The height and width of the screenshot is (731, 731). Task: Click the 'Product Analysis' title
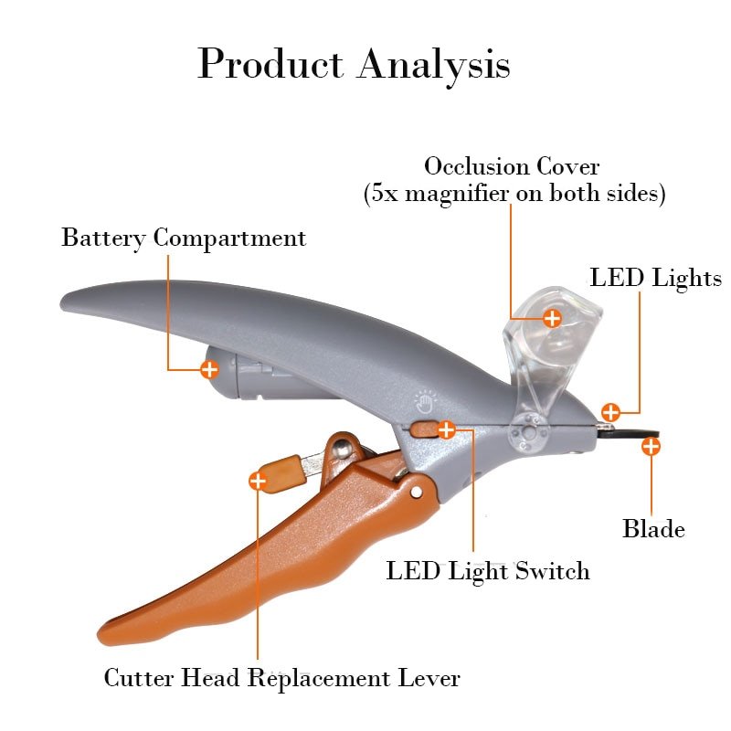[x=354, y=65]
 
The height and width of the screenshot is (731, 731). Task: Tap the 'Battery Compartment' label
[x=184, y=238]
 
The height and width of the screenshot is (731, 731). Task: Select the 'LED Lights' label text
[x=655, y=278]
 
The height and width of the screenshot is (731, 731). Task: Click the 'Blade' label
[x=653, y=528]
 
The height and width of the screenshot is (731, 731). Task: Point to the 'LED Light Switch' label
[x=488, y=571]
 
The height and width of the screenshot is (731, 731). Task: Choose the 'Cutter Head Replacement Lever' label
[x=281, y=678]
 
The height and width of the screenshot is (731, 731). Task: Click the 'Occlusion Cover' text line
[x=512, y=167]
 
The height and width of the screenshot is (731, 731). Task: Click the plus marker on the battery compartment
[x=209, y=369]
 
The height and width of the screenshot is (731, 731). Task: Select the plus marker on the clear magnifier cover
[x=552, y=318]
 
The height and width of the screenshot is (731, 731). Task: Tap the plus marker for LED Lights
[x=610, y=412]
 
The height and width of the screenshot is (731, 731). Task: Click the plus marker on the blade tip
[x=651, y=447]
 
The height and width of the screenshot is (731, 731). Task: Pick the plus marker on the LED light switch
[x=446, y=429]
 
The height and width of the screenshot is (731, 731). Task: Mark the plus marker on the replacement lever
[x=258, y=480]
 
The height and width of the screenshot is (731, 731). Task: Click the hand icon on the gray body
[x=423, y=400]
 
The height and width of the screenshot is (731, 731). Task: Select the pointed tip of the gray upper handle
[x=66, y=299]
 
